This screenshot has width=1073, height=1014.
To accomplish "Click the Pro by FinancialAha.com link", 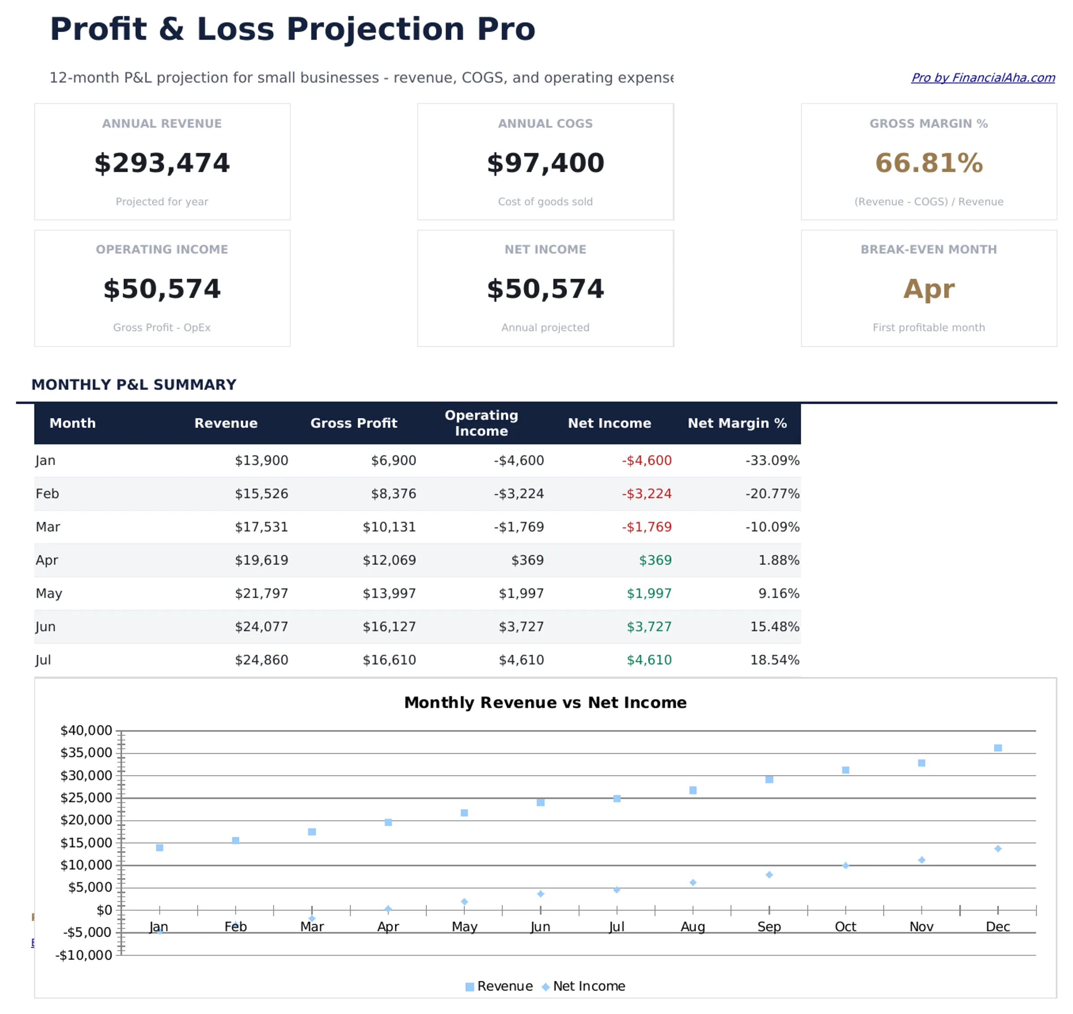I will tap(982, 78).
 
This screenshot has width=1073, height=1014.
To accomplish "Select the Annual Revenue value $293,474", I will tap(162, 163).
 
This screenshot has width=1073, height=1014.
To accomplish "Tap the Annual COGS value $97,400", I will tap(545, 163).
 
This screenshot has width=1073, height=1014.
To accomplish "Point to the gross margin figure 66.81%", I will tap(928, 163).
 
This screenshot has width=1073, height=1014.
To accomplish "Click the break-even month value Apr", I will tap(928, 289).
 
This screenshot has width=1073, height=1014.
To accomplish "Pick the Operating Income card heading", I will tap(162, 249).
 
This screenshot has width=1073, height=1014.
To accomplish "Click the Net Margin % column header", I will tap(736, 423).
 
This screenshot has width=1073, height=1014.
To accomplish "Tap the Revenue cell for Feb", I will tap(261, 493).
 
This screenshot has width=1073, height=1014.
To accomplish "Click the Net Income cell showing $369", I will tap(655, 560).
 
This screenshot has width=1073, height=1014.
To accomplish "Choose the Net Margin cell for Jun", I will tap(774, 627).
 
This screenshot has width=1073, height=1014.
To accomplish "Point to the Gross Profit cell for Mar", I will tap(389, 527).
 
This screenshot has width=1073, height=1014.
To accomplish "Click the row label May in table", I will tap(49, 594).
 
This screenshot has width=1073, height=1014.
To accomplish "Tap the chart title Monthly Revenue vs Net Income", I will tap(545, 702).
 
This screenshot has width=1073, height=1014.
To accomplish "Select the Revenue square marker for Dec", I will tap(997, 747).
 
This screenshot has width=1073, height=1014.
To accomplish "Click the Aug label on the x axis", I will tap(692, 926).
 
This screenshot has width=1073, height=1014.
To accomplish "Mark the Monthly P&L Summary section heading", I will tap(133, 384).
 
